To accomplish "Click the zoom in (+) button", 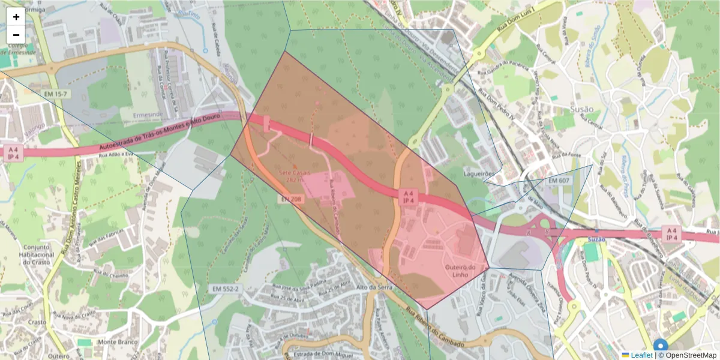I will pos(16,17).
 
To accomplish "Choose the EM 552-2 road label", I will pos(226,289).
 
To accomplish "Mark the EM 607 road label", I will pos(558,181).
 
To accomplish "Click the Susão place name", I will pos(581,109).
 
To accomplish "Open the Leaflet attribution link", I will pos(641,355).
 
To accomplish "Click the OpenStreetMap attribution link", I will pos(690,355).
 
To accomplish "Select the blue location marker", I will pos(661,347).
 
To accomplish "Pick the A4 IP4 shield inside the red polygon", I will pos(408,197).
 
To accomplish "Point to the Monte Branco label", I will pos(114,341).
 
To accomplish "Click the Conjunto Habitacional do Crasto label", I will pos(38,254).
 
